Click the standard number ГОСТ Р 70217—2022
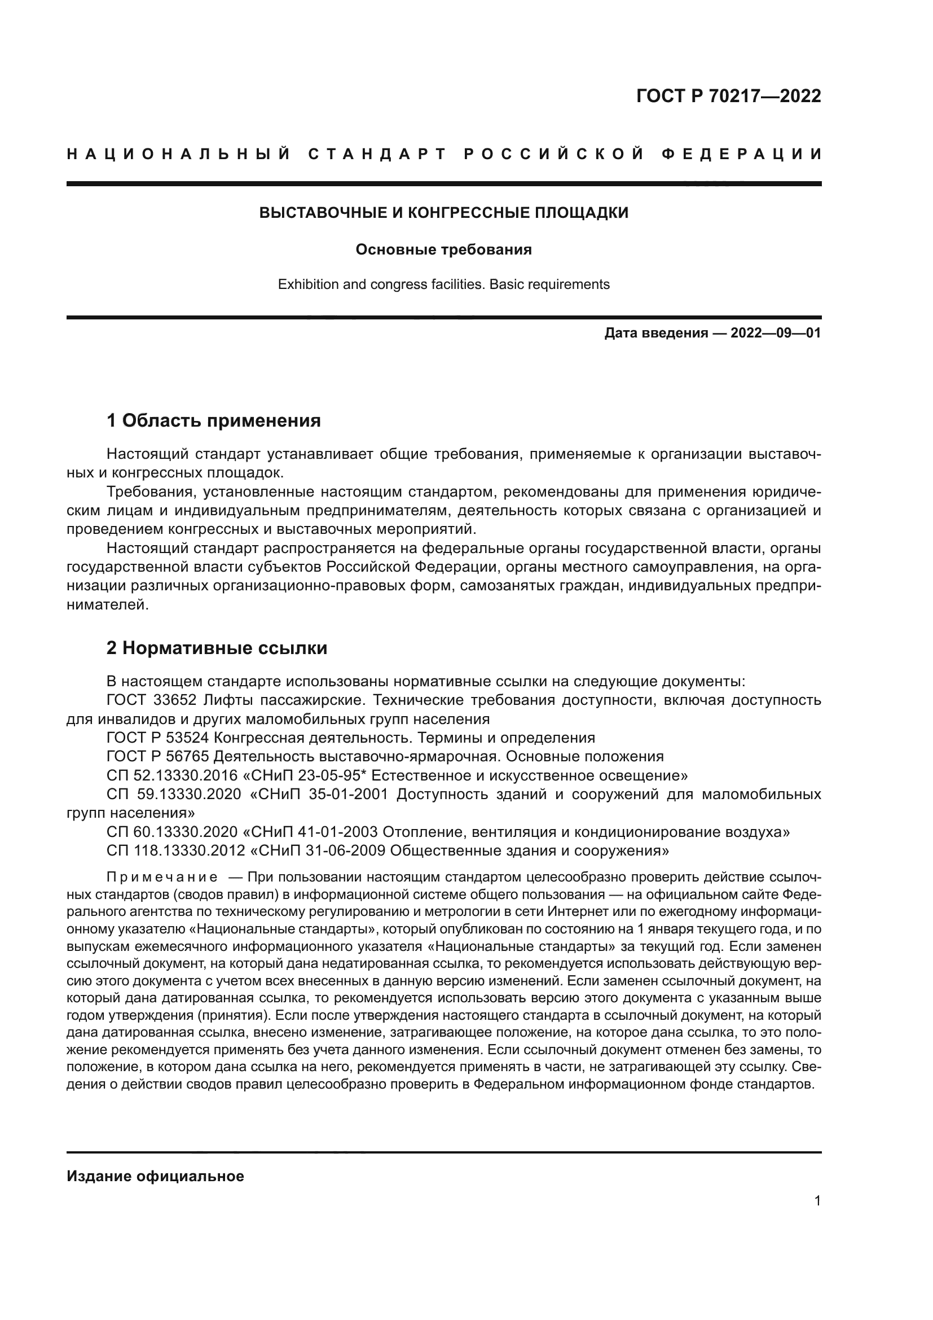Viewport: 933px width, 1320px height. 728,96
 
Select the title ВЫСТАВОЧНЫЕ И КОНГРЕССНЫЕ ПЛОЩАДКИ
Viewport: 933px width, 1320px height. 443,213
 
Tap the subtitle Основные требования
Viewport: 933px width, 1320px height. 443,249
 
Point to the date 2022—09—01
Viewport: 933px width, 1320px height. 776,333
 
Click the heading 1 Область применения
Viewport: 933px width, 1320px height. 213,421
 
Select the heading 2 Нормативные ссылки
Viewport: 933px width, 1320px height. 217,648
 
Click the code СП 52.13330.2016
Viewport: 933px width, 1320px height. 172,775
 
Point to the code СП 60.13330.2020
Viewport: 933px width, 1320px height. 172,832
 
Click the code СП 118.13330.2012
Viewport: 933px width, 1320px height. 176,850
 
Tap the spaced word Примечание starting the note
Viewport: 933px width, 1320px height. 162,878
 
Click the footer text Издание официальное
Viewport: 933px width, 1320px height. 155,1176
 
